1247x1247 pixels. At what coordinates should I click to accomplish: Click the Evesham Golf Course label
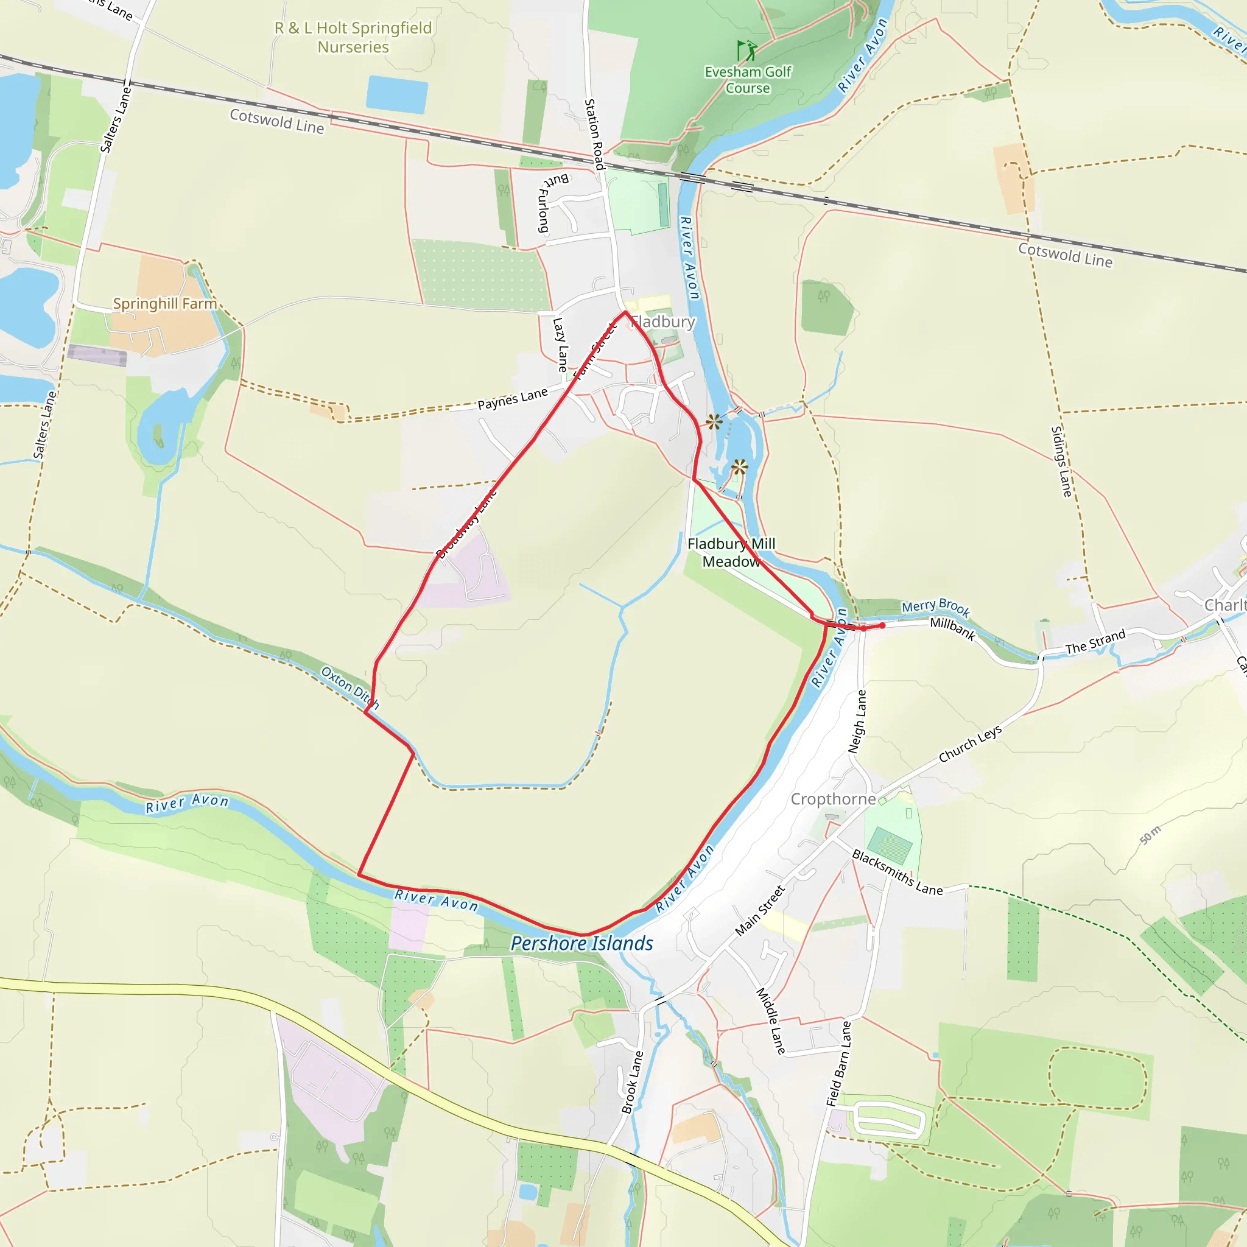(748, 80)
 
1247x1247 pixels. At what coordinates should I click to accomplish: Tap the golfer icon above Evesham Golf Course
(746, 50)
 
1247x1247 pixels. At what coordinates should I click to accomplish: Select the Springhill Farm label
(164, 303)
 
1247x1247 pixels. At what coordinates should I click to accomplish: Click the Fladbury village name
(664, 321)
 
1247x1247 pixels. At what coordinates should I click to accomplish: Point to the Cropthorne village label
(832, 799)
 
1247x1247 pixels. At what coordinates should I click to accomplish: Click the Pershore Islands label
(581, 944)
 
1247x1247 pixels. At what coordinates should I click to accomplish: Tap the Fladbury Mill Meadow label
(731, 552)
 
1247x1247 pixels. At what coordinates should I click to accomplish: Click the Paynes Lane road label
(513, 399)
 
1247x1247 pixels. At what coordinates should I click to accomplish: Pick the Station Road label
(594, 134)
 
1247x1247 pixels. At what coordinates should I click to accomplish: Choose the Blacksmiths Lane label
(896, 873)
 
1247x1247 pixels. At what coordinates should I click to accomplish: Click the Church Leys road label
(969, 743)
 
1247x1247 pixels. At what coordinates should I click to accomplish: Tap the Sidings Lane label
(1061, 462)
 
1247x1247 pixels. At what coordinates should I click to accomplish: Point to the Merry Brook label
(935, 606)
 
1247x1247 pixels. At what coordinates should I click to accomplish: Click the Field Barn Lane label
(838, 1063)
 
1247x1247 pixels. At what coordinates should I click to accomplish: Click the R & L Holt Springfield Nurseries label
(353, 37)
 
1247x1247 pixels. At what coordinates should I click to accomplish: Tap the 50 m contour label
(1150, 835)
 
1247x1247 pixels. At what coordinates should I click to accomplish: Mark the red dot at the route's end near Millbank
(882, 625)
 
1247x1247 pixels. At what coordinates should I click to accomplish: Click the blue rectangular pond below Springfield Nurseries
(397, 95)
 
